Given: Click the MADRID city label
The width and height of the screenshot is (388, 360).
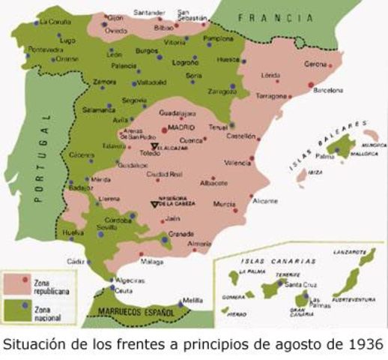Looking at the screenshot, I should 181,128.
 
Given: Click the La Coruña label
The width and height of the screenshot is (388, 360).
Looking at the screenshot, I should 55,22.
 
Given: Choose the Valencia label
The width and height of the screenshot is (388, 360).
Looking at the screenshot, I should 237,163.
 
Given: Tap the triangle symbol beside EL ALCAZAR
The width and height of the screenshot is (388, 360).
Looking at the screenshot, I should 155,147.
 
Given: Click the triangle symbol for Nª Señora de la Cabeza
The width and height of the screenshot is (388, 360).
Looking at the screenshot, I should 155,203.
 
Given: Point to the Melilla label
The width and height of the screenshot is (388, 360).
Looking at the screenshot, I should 193,300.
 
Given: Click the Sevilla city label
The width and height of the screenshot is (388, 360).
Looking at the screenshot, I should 109,226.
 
